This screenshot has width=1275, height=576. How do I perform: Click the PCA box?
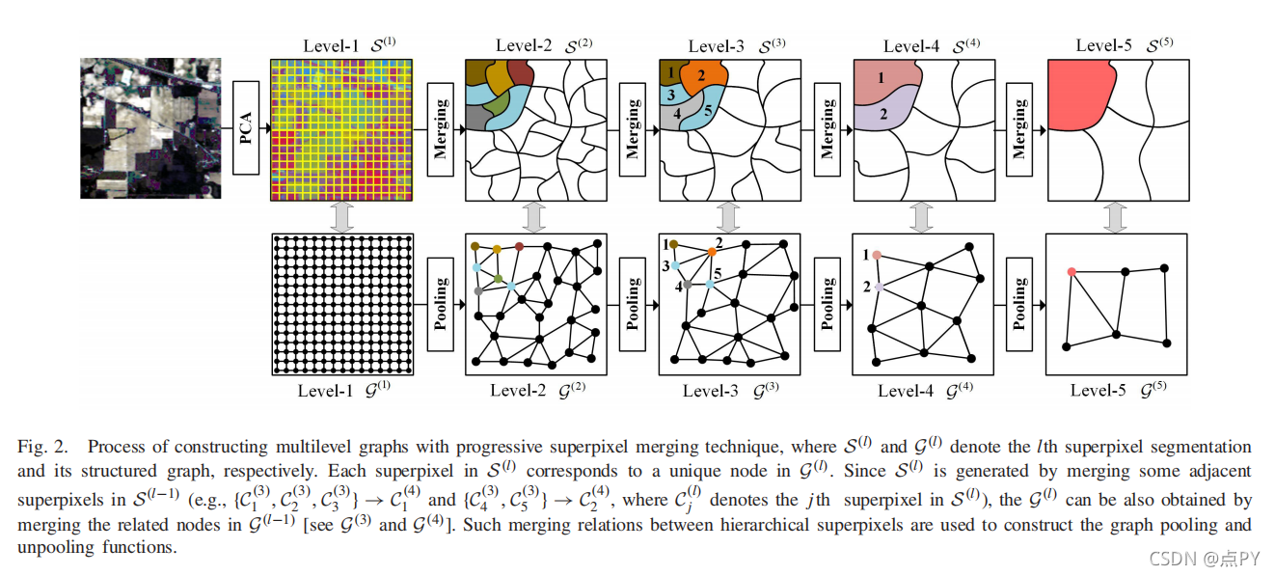tap(246, 128)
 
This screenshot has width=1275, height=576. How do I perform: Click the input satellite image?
tap(150, 127)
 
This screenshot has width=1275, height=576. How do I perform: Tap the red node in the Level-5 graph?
tap(1072, 272)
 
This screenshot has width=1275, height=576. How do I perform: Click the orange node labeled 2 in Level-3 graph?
tap(712, 252)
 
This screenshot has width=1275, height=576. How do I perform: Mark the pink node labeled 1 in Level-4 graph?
tap(878, 256)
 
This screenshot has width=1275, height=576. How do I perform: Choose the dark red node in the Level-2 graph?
tap(520, 247)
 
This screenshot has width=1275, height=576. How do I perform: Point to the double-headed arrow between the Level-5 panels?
tap(1115, 216)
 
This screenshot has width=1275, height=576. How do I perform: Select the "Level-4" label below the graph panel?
tap(906, 391)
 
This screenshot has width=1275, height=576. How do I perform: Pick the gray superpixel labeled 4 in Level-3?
tap(679, 113)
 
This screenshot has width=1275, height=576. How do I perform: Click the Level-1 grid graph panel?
tap(342, 303)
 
